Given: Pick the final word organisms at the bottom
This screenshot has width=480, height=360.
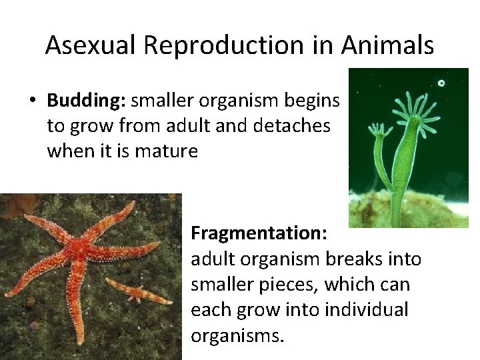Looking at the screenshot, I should pos(237,335).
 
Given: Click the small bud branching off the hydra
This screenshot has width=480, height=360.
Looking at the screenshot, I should pos(382,143).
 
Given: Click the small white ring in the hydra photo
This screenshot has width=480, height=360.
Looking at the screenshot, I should pos(441,83).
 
